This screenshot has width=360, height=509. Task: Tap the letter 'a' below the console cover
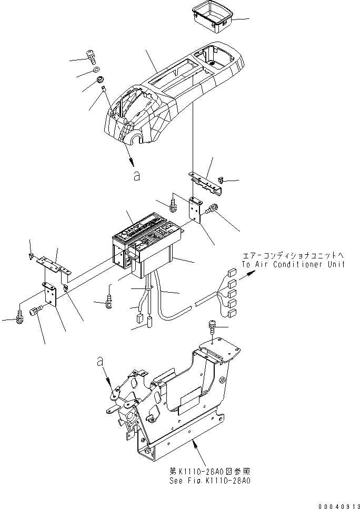(x=137, y=177)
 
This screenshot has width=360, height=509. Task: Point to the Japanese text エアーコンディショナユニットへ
(x=292, y=255)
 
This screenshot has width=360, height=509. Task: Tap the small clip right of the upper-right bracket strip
(x=221, y=181)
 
